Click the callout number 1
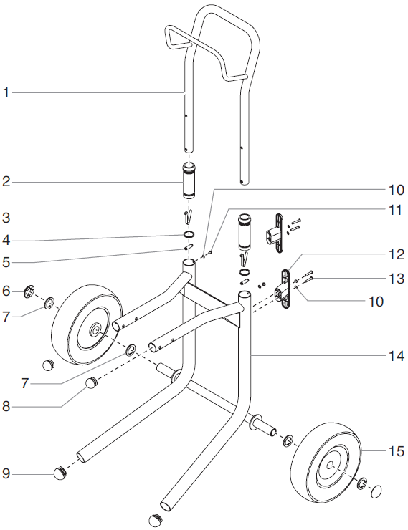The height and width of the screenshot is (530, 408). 6,92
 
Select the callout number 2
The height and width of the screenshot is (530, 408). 6,182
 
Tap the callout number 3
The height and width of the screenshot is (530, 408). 6,217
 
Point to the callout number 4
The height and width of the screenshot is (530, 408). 6,239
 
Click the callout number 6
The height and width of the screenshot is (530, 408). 6,291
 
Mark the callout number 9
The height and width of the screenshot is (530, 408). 6,473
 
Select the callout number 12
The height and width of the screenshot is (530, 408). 396,254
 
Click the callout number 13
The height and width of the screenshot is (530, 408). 396,279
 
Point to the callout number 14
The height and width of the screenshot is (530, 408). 396,353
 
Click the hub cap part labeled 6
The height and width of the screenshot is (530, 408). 29,290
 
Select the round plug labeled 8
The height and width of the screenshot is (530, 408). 92,383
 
